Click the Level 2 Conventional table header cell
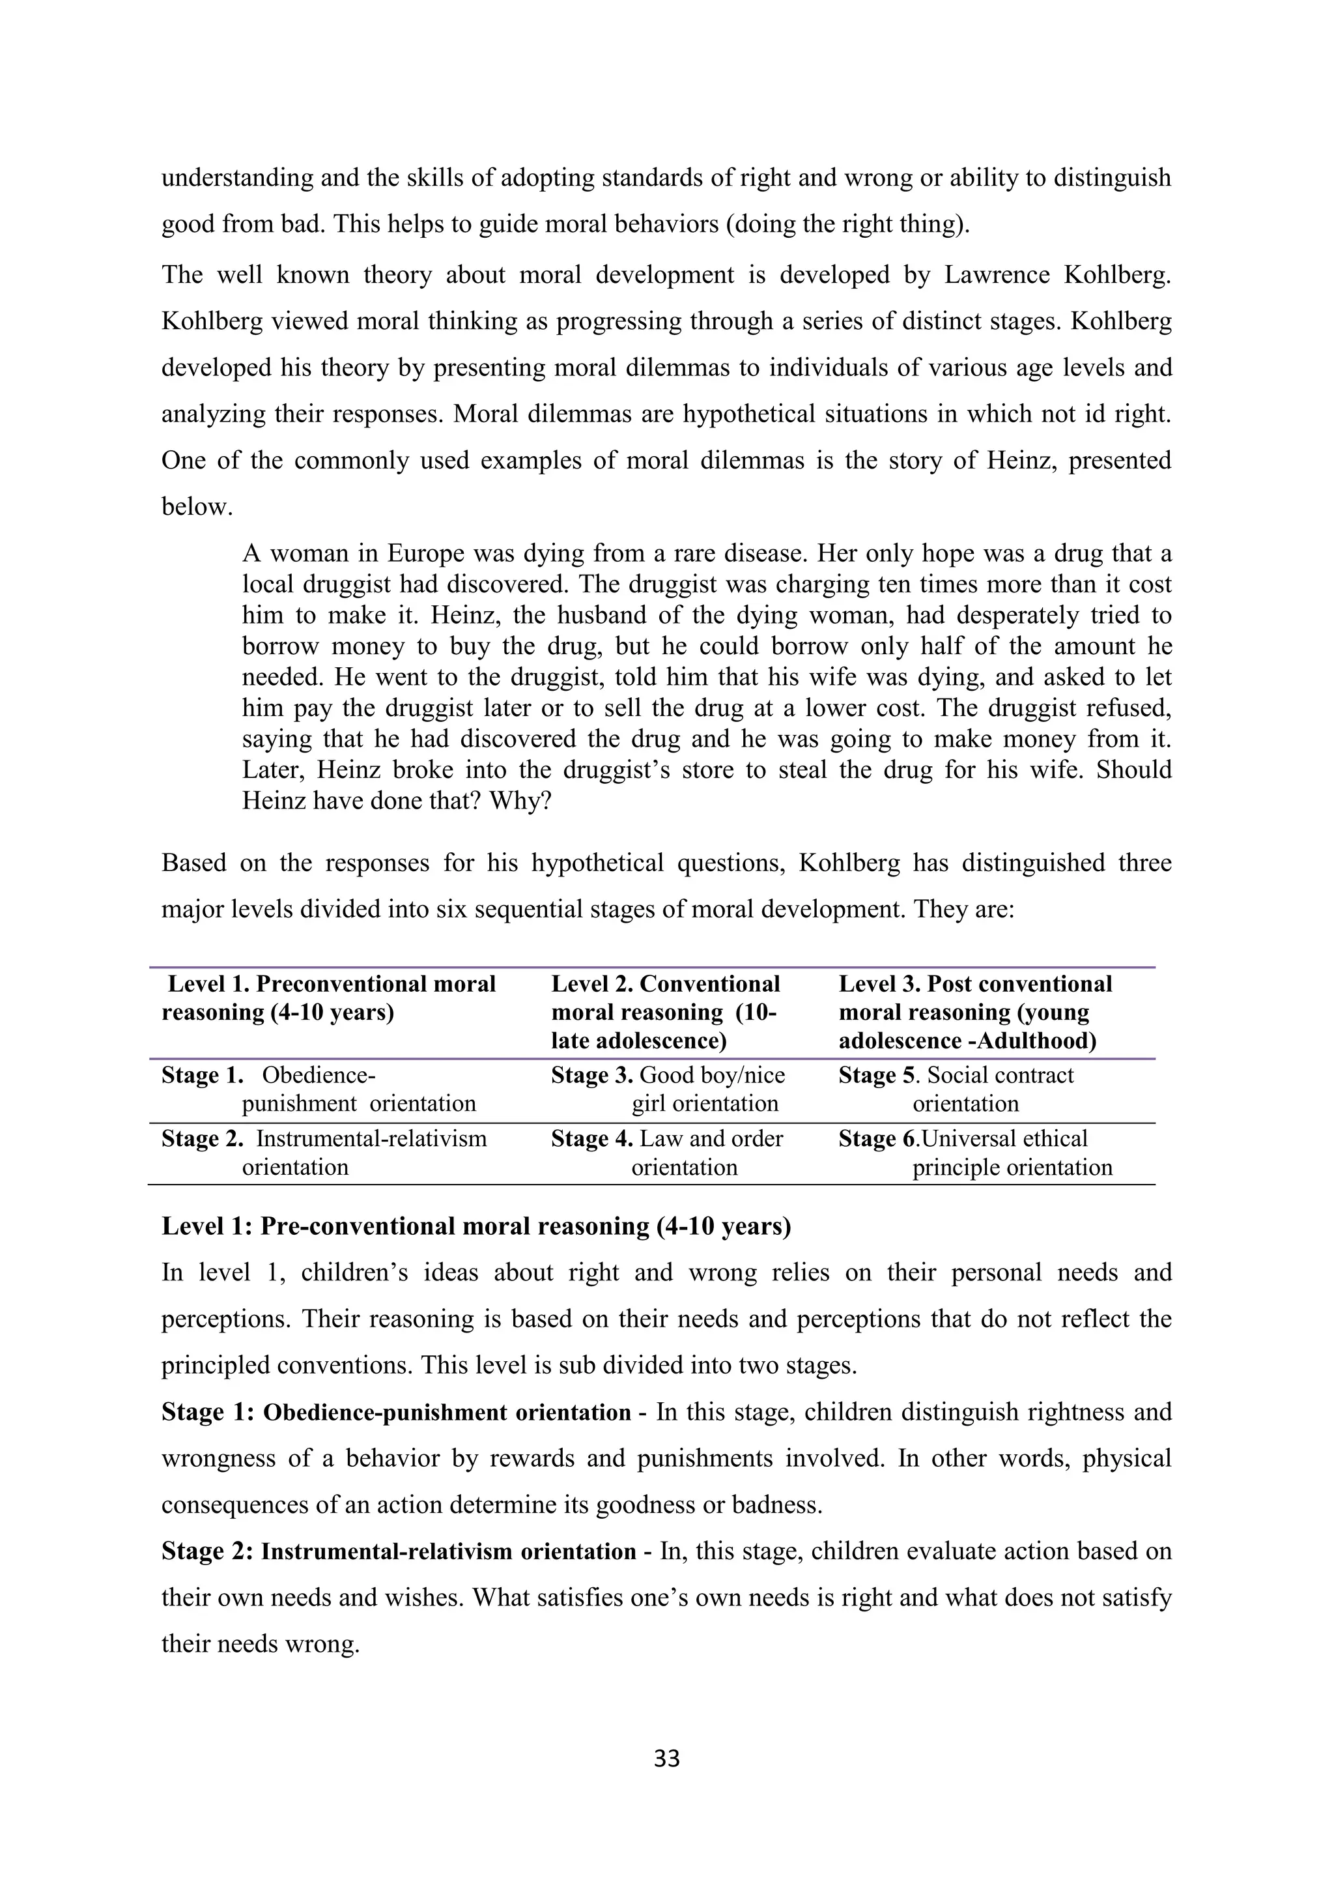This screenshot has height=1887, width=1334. pyautogui.click(x=664, y=1012)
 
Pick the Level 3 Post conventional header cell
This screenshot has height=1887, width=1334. pyautogui.click(x=974, y=1012)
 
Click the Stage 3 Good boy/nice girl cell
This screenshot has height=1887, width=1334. pyautogui.click(x=668, y=1089)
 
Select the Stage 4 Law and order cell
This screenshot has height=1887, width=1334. pyautogui.click(x=667, y=1152)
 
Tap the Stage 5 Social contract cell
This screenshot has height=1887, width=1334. pyautogui.click(x=956, y=1089)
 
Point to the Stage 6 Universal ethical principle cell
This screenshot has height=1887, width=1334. pyautogui.click(x=975, y=1152)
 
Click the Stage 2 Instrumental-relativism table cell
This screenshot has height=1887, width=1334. pyautogui.click(x=324, y=1152)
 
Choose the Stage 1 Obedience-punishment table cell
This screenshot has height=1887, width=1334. pyautogui.click(x=319, y=1089)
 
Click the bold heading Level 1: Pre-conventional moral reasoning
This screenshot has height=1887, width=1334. pyautogui.click(x=476, y=1226)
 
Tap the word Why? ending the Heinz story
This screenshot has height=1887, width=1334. pyautogui.click(x=519, y=801)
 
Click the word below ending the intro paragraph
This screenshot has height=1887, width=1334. pyautogui.click(x=197, y=507)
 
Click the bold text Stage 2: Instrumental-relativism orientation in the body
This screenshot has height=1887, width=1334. pyautogui.click(x=399, y=1551)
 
